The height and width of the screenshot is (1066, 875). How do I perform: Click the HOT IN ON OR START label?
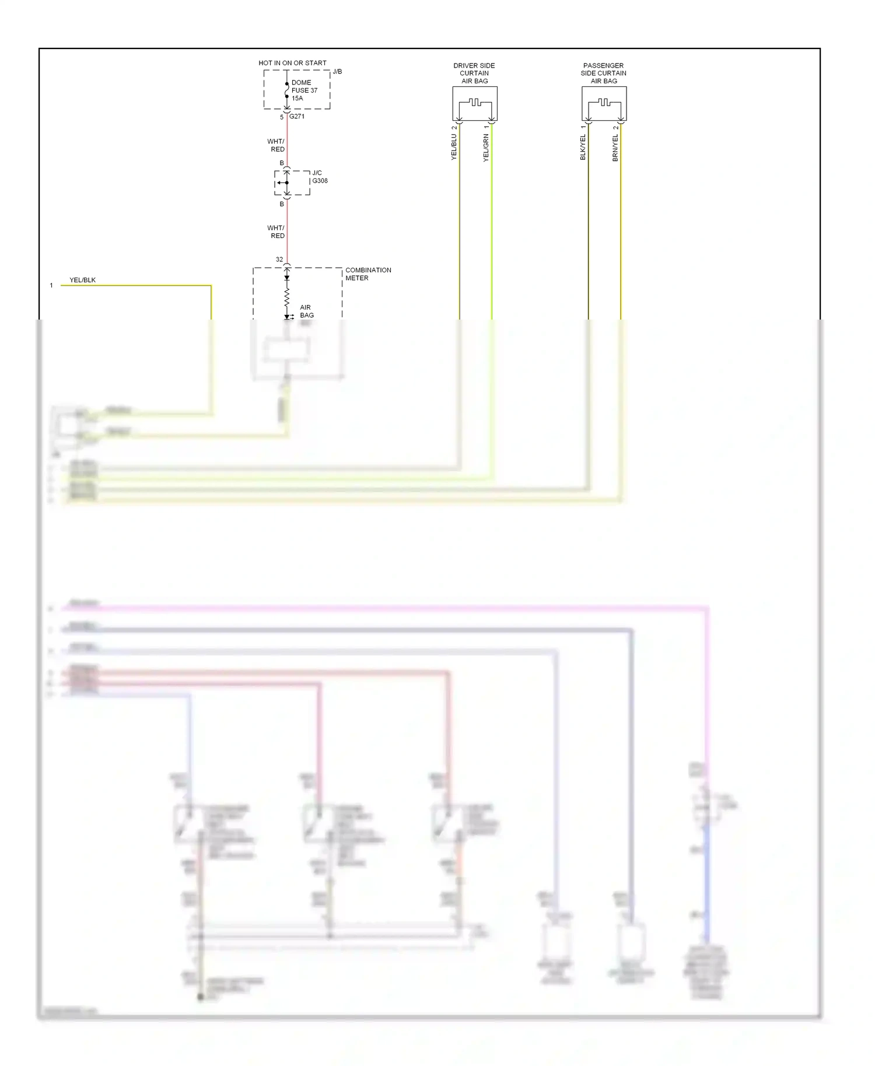tap(292, 63)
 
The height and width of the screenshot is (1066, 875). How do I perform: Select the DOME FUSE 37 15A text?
tap(304, 90)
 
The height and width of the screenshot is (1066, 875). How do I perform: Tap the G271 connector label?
tap(297, 117)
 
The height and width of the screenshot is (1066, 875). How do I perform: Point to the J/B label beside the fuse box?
tap(337, 72)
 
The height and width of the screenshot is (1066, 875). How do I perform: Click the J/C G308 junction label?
tap(320, 177)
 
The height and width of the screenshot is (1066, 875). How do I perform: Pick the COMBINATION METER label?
tap(367, 274)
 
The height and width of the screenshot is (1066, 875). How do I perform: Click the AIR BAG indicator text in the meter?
tap(306, 311)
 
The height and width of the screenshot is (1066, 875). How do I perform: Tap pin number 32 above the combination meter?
tap(279, 260)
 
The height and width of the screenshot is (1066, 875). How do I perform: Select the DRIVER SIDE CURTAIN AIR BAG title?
tap(474, 73)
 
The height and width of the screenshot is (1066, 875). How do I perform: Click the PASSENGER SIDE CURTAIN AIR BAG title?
tap(603, 73)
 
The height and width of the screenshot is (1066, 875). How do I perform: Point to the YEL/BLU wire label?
tap(454, 147)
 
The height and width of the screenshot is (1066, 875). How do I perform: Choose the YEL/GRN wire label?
tap(486, 148)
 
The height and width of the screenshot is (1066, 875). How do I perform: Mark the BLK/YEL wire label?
tap(583, 147)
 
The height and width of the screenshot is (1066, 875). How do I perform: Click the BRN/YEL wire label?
tap(615, 148)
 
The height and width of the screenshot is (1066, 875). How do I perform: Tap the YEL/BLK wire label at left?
tap(82, 280)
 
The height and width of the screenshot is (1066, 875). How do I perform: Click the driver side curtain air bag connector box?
tap(475, 104)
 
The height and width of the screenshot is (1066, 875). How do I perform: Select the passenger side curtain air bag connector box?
tap(604, 104)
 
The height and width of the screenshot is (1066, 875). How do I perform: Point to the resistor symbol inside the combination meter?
tap(286, 298)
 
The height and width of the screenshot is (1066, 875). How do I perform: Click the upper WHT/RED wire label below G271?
tap(276, 145)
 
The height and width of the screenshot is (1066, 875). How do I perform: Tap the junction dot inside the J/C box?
tap(286, 183)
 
